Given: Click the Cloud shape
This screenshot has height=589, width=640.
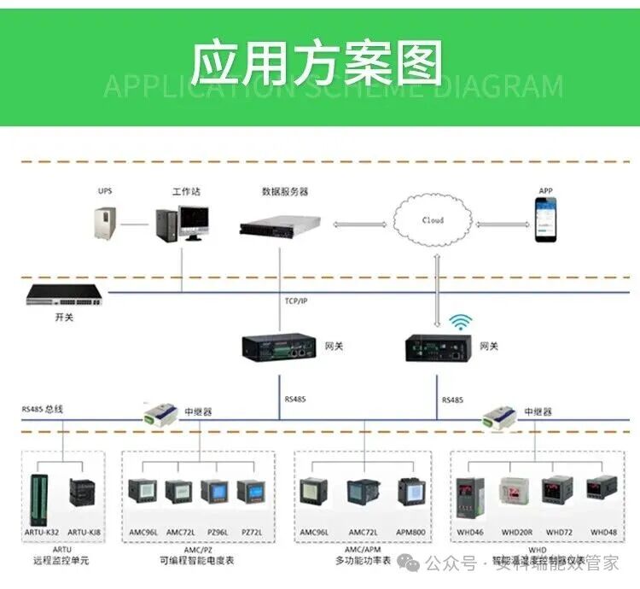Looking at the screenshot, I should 433,219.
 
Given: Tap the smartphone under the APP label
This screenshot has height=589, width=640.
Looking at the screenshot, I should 545,219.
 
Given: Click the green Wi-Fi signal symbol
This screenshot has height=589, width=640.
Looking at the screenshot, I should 462,323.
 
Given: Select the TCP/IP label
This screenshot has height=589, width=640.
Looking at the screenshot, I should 296,301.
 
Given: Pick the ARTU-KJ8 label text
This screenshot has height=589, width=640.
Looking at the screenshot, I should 84,533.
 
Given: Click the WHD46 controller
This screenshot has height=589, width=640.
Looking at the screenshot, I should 471,495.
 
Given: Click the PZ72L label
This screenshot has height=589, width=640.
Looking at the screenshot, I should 252,533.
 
